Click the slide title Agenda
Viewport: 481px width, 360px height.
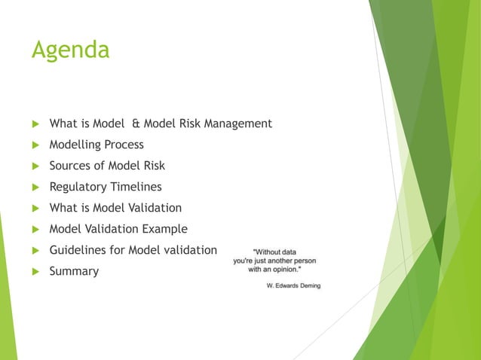[x=70, y=50]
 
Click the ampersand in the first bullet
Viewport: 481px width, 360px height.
[x=136, y=124]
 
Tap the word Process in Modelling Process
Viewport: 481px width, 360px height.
[x=123, y=145]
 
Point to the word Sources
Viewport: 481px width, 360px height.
[x=70, y=166]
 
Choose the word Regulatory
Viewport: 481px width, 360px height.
[x=77, y=187]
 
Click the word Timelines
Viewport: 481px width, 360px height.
[x=136, y=187]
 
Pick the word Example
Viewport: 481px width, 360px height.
[x=165, y=229]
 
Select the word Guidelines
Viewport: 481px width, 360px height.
[x=78, y=250]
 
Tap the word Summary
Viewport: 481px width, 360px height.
[x=74, y=271]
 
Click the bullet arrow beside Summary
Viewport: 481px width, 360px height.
[x=33, y=271]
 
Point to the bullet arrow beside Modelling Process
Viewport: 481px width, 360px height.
[x=33, y=145]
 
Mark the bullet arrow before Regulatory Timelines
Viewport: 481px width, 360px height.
[x=33, y=187]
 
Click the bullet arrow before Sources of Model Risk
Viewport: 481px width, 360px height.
[x=33, y=166]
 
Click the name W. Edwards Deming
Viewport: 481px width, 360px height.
[x=293, y=285]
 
